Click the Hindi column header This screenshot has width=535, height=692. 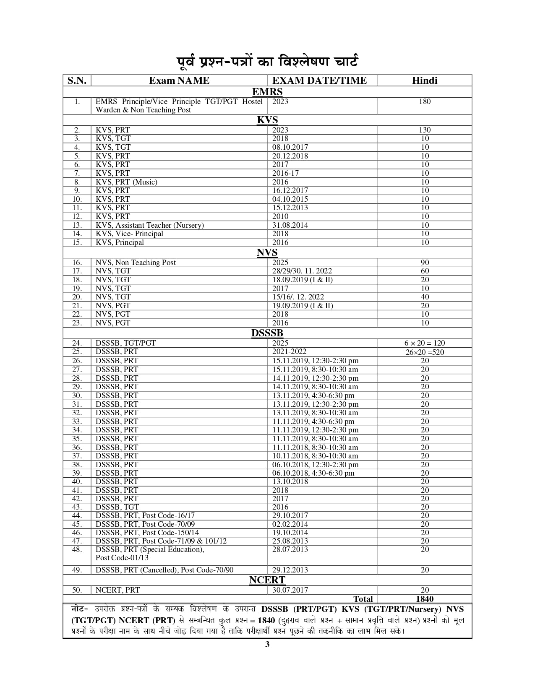[425, 81]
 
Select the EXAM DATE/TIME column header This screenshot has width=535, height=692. [319, 81]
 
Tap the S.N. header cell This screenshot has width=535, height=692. [77, 81]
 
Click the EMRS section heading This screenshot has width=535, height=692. [267, 92]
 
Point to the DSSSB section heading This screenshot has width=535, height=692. [267, 333]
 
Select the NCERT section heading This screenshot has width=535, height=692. [267, 580]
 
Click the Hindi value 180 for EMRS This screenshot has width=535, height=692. [425, 101]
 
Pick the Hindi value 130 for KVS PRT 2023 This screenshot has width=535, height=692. [425, 130]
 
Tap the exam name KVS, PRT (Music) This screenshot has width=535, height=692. [126, 182]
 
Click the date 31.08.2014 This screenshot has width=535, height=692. [290, 225]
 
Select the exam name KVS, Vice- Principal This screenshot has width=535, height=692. [129, 234]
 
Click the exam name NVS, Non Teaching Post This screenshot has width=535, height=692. [136, 263]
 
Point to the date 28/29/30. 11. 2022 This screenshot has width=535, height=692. [302, 271]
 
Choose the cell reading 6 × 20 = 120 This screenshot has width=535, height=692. [425, 343]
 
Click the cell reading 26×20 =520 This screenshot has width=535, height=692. [425, 352]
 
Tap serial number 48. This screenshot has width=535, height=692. [77, 549]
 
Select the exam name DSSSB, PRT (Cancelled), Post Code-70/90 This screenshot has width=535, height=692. [164, 570]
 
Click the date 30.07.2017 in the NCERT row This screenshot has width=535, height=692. [290, 590]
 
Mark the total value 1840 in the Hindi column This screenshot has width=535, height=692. [425, 599]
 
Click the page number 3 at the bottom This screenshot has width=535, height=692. [267, 645]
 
